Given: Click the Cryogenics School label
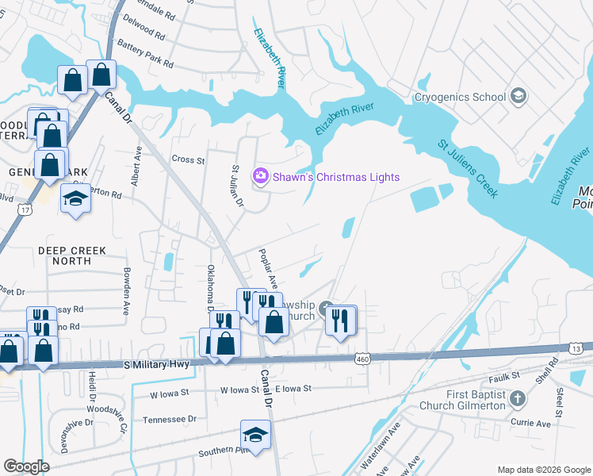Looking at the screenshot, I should pyautogui.click(x=460, y=97).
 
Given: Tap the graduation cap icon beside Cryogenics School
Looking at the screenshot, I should pyautogui.click(x=518, y=97).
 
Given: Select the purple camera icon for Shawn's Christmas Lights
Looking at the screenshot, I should pyautogui.click(x=259, y=176).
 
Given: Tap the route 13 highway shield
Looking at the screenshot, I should pyautogui.click(x=576, y=348).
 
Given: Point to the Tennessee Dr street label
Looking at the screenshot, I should pyautogui.click(x=169, y=419).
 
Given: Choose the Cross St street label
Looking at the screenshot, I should pyautogui.click(x=188, y=159).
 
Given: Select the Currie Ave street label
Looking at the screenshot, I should pyautogui.click(x=530, y=424).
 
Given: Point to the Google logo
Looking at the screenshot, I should pyautogui.click(x=27, y=466).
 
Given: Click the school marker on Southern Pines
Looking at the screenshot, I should pyautogui.click(x=255, y=436).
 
